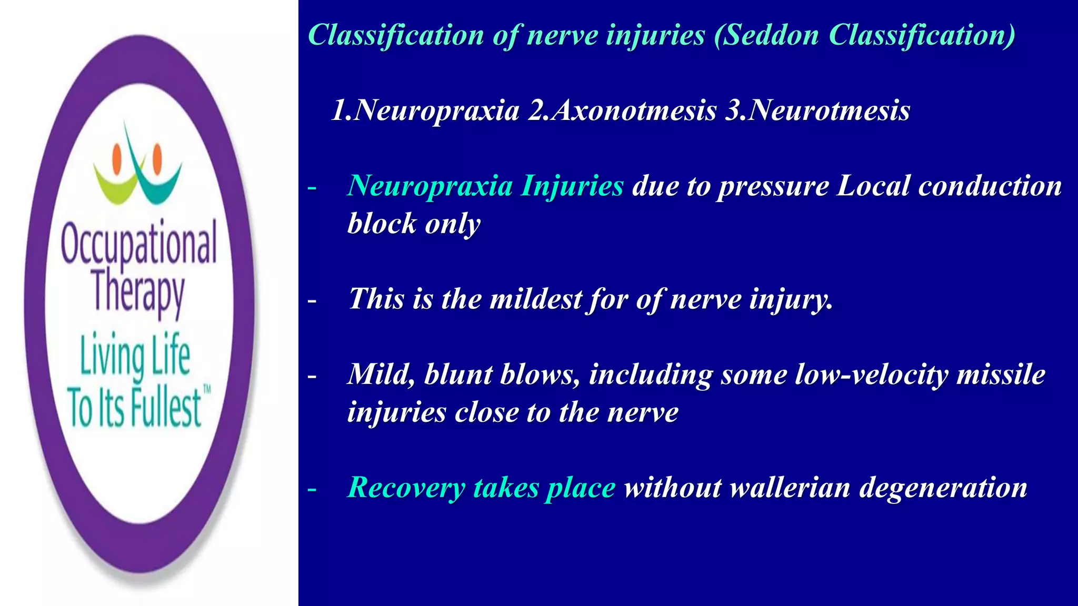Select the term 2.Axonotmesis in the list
(x=622, y=111)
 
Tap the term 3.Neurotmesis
(x=817, y=111)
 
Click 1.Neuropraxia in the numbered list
(x=425, y=111)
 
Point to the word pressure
(x=774, y=187)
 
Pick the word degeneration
(x=943, y=489)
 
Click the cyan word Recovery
(x=406, y=489)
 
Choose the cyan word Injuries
(x=572, y=187)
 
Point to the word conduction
(x=990, y=186)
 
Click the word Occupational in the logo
(x=139, y=244)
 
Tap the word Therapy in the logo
(x=139, y=292)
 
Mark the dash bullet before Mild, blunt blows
(x=312, y=376)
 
